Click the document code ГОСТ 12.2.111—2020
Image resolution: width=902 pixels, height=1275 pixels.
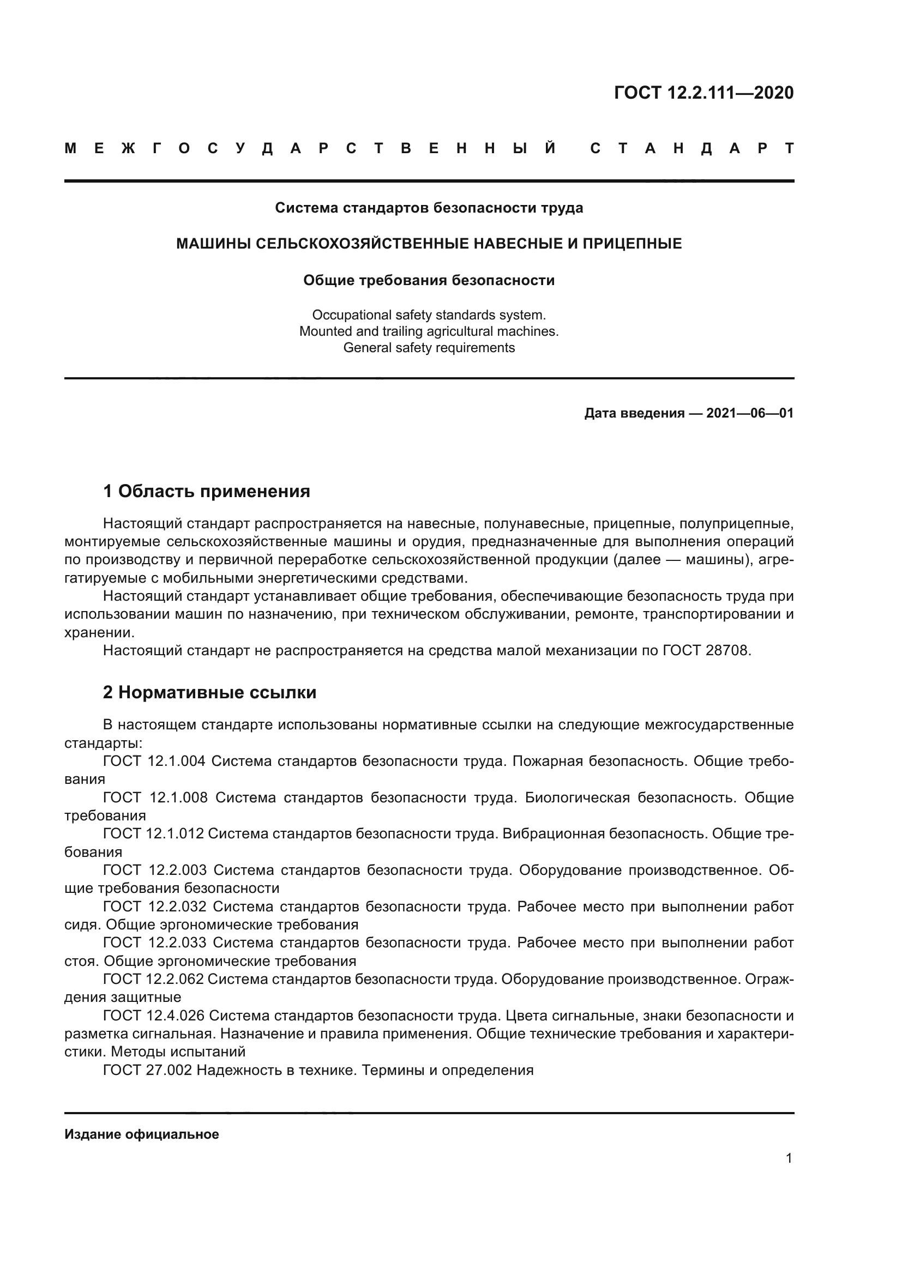click(x=703, y=93)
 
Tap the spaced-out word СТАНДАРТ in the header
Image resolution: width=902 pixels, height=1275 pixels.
click(x=691, y=149)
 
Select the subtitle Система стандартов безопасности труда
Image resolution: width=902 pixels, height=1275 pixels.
click(x=429, y=208)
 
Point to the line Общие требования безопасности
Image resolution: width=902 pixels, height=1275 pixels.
click(x=429, y=280)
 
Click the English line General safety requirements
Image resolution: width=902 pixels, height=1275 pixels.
click(x=429, y=348)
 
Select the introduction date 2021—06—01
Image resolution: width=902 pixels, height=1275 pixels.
click(x=750, y=413)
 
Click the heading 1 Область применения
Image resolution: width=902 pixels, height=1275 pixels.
click(x=206, y=492)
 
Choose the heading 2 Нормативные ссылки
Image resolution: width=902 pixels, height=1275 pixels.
click(x=209, y=692)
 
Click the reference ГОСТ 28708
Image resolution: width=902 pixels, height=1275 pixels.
click(x=706, y=650)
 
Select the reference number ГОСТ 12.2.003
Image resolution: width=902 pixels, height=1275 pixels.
click(x=154, y=870)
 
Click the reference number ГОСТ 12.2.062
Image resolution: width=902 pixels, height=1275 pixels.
click(x=154, y=979)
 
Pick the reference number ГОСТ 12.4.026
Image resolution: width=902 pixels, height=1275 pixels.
click(x=154, y=1016)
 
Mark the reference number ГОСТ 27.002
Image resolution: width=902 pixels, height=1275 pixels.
click(x=147, y=1070)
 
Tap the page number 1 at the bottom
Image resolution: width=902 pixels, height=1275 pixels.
click(x=789, y=1158)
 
